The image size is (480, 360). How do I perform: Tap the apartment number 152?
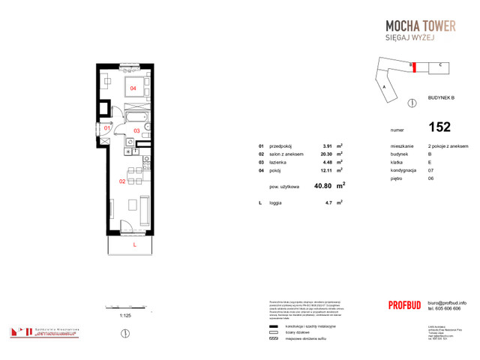[439, 127]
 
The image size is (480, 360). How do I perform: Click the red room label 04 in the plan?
[133, 88]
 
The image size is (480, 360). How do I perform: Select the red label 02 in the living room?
[121, 181]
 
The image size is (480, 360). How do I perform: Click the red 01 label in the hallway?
[107, 128]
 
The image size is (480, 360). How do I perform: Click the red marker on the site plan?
[412, 66]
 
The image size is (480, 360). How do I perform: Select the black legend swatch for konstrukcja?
[273, 327]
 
